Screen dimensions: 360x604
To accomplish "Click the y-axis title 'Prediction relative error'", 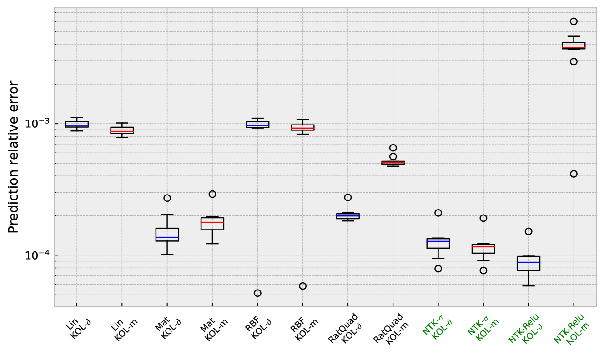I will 14,157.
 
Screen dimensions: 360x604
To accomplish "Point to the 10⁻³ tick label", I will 38,124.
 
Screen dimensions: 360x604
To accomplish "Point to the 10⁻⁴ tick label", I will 38,255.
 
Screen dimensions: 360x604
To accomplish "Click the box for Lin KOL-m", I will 122,130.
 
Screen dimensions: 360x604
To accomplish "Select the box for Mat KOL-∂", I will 167,235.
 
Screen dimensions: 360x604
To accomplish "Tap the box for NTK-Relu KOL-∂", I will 528,263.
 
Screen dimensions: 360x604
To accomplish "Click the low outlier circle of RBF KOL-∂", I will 257,293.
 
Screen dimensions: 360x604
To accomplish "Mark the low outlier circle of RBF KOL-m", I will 302,286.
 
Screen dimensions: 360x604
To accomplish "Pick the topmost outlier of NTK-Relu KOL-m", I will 574,21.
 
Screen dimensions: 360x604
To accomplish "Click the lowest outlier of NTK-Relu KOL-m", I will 574,174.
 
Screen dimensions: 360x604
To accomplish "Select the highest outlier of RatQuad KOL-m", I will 393,148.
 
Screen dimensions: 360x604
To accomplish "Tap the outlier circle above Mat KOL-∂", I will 167,198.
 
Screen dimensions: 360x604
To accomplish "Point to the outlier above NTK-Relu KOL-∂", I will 528,231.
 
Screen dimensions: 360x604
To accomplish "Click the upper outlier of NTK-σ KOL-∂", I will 438,213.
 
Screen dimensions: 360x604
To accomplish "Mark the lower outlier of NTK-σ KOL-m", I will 483,270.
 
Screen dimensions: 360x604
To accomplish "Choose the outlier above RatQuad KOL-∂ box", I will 348,197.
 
